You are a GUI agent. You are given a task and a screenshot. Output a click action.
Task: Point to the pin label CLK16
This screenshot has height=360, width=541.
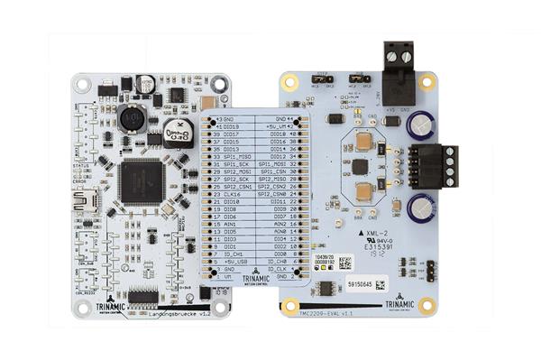tap(232, 194)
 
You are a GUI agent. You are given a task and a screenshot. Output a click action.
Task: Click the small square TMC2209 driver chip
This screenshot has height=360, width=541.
tap(361, 167)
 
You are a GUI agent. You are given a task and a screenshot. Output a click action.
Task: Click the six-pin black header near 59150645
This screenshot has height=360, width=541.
tap(432, 270)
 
